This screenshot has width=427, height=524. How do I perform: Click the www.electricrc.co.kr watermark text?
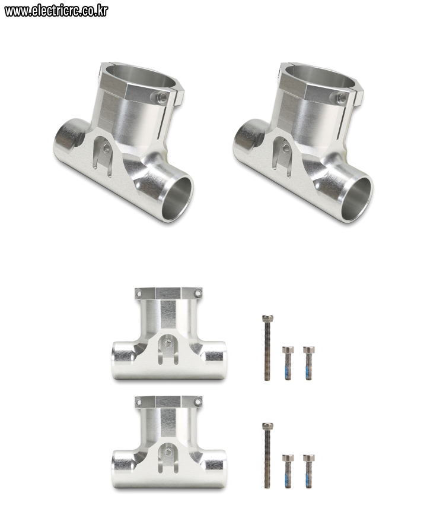[56, 11]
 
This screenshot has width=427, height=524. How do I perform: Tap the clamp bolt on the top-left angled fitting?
[162, 97]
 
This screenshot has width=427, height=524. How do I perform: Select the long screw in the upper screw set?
[267, 348]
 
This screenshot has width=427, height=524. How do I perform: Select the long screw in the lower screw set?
[267, 455]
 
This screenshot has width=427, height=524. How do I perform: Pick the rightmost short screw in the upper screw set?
[308, 363]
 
